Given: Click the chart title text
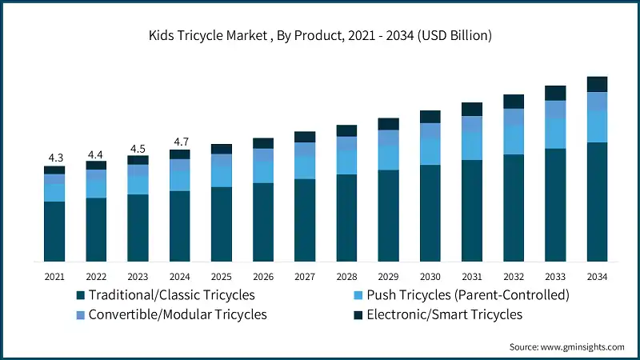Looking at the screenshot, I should pyautogui.click(x=320, y=36).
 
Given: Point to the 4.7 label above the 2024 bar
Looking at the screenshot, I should pyautogui.click(x=180, y=142).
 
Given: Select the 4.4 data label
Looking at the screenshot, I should pyautogui.click(x=96, y=154).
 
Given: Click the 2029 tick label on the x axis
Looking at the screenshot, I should pyautogui.click(x=389, y=277).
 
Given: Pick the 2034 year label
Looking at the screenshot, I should pyautogui.click(x=598, y=277).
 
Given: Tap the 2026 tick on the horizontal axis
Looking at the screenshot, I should pyautogui.click(x=263, y=277).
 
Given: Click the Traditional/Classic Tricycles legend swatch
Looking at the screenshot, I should pyautogui.click(x=81, y=295).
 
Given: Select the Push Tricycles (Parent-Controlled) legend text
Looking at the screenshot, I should pyautogui.click(x=468, y=295).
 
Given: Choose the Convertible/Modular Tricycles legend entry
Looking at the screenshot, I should pyautogui.click(x=178, y=314).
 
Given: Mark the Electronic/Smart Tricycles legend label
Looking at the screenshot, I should pyautogui.click(x=445, y=314).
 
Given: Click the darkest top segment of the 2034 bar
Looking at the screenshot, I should pyautogui.click(x=598, y=84).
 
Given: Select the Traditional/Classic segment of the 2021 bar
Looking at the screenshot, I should pyautogui.click(x=54, y=231).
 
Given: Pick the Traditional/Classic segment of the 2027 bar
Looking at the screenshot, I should pyautogui.click(x=305, y=220).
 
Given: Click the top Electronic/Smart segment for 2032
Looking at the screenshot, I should pyautogui.click(x=514, y=102).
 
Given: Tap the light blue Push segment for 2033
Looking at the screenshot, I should pyautogui.click(x=555, y=134).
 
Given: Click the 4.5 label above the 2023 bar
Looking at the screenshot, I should pyautogui.click(x=138, y=148).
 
